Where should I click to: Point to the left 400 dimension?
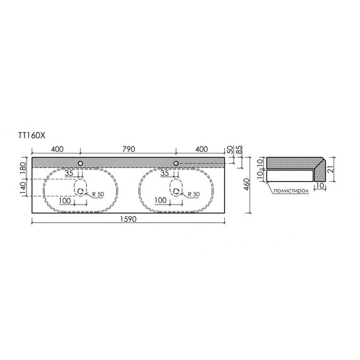(x=56, y=149)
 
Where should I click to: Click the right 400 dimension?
(x=201, y=149)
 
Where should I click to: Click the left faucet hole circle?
(x=81, y=164)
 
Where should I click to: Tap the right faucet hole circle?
(x=176, y=164)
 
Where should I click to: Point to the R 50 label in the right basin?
(x=192, y=194)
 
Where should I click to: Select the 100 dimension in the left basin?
(x=65, y=200)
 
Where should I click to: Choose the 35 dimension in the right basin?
(x=165, y=172)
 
